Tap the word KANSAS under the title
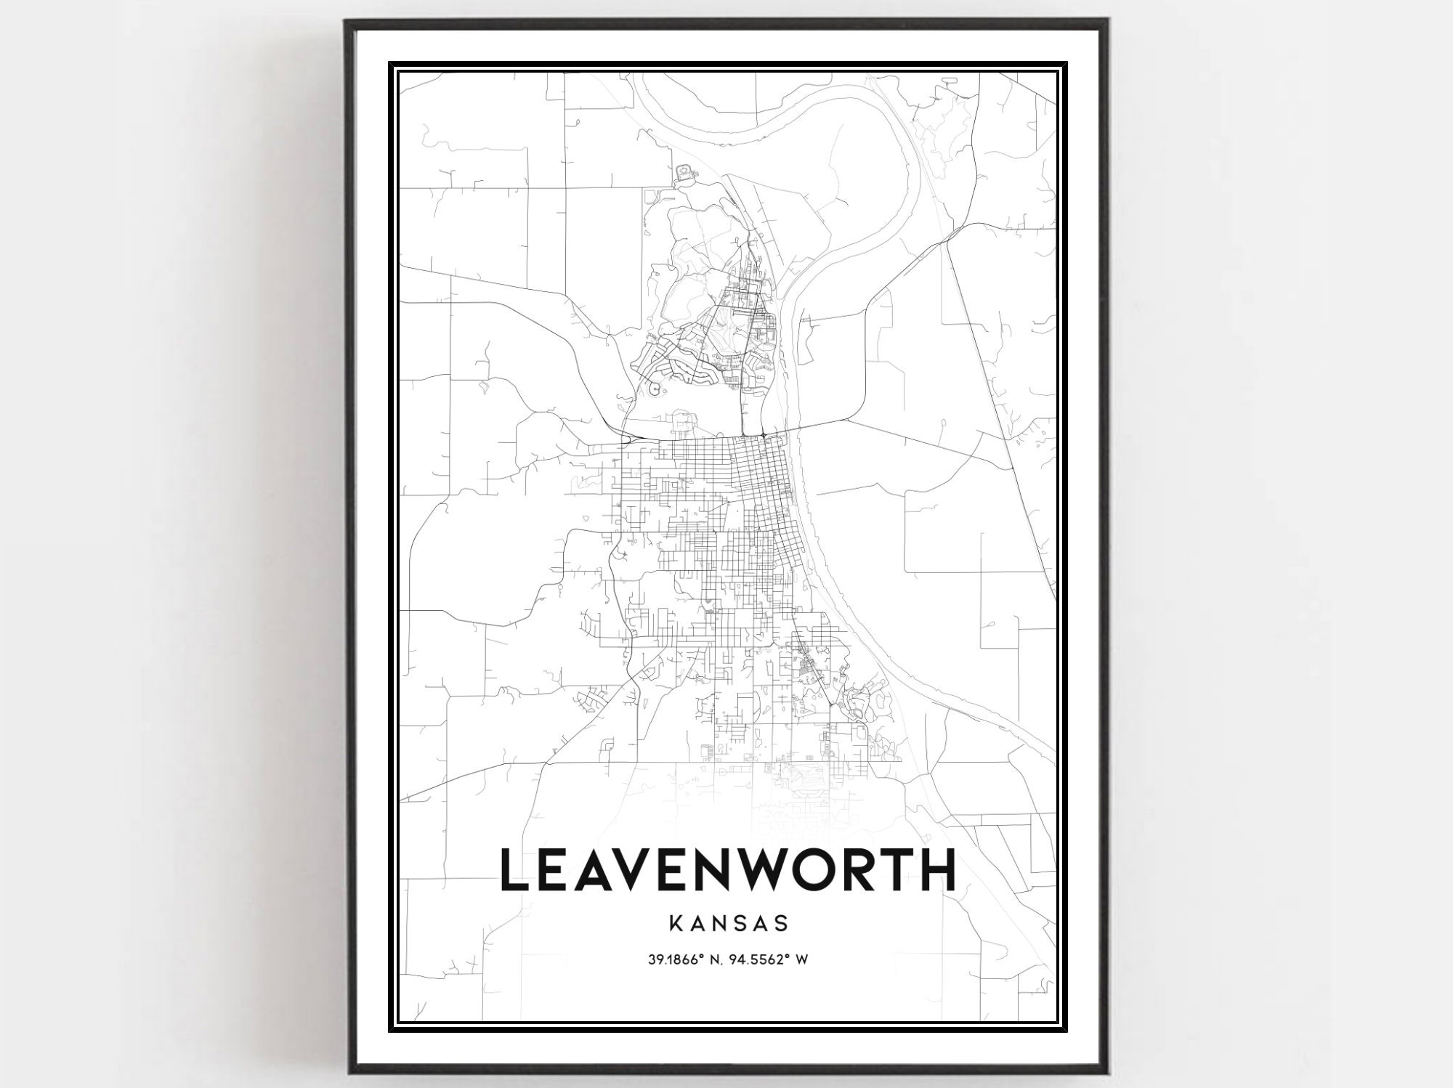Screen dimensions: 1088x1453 [727, 923]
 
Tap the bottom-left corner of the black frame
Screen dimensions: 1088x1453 [347, 1073]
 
